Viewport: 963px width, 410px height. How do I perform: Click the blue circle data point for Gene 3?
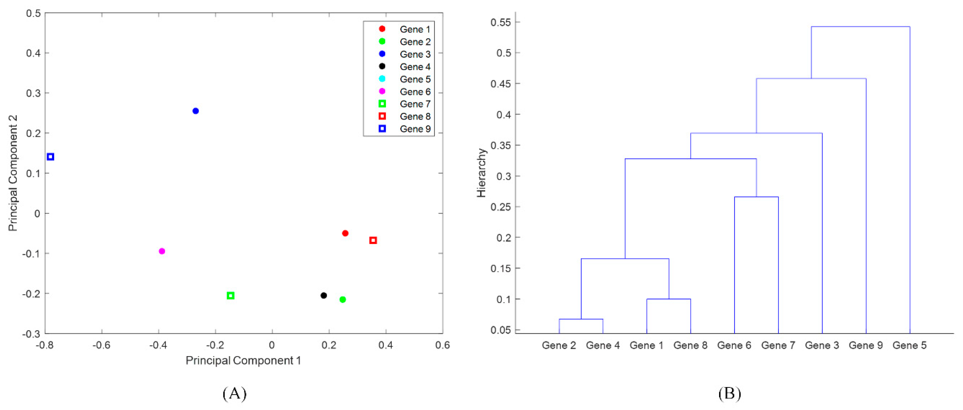[x=196, y=111]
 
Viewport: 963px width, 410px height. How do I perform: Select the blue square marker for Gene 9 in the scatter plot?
[x=50, y=157]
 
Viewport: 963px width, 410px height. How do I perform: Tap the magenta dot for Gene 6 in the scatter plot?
[x=162, y=251]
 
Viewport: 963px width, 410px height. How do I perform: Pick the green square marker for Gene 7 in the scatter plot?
[x=231, y=296]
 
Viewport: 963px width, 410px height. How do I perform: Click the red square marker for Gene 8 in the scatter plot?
[x=373, y=240]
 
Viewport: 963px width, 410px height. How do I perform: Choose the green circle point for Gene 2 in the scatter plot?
[x=342, y=299]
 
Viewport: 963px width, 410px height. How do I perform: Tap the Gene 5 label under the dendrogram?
[x=909, y=345]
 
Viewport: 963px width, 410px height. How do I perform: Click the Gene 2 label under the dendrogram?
[x=559, y=345]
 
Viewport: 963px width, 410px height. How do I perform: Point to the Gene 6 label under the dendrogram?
[x=734, y=345]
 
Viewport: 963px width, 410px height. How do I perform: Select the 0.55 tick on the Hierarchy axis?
[x=501, y=22]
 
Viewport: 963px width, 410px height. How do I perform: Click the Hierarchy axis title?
[x=481, y=173]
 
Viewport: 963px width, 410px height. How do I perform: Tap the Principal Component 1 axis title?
[x=243, y=361]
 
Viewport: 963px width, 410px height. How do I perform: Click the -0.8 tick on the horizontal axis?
[x=45, y=345]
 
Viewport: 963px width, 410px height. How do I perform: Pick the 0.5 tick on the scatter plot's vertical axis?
[x=33, y=13]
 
